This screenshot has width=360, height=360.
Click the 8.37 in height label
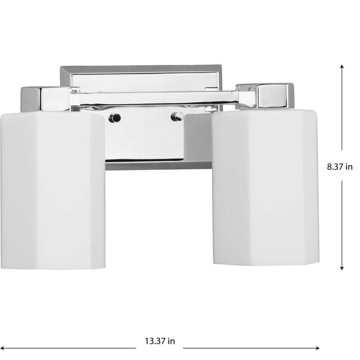(340, 167)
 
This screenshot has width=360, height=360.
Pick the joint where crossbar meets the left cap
(75, 98)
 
